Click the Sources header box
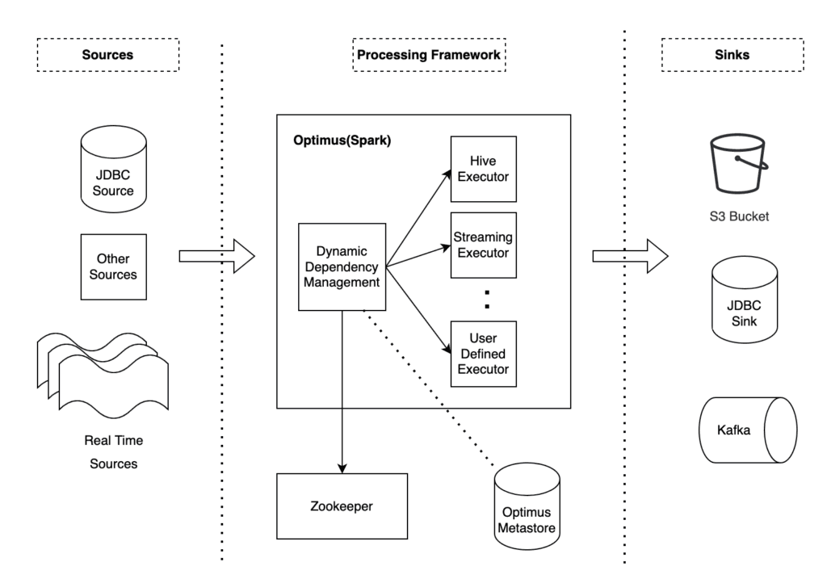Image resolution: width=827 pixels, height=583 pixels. [x=107, y=55]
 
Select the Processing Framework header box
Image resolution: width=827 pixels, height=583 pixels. [x=427, y=55]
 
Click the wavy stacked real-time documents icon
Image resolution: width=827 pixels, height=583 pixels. [x=103, y=371]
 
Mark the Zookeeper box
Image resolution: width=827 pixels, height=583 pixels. [x=342, y=506]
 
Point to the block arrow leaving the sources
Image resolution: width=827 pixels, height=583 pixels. [x=216, y=256]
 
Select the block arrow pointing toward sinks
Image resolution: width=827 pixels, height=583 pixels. [x=631, y=256]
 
